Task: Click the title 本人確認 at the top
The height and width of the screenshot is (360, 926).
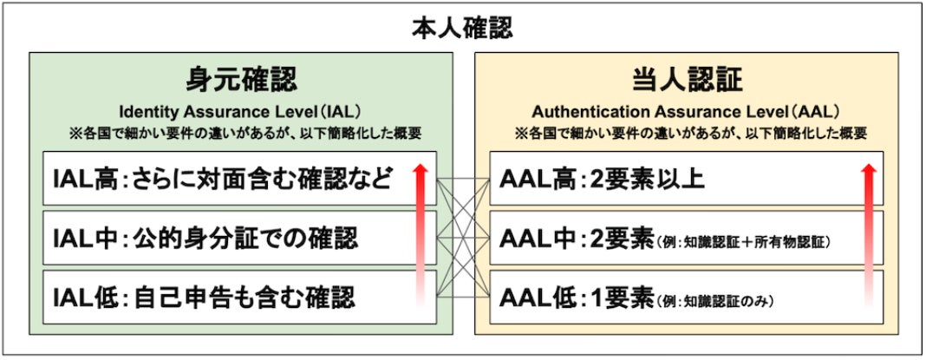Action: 462,29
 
